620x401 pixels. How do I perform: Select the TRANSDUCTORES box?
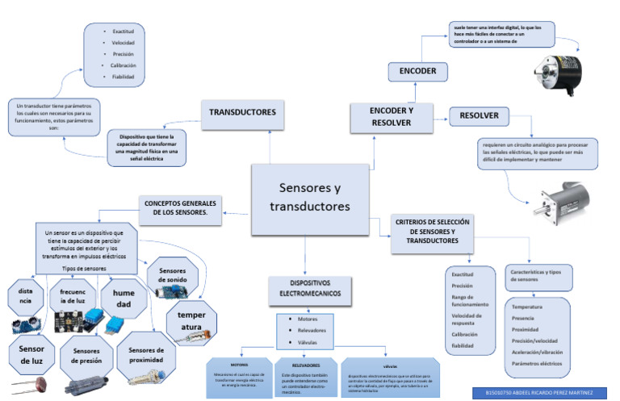click(242, 112)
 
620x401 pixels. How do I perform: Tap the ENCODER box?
click(417, 72)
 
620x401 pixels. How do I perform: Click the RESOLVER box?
click(479, 116)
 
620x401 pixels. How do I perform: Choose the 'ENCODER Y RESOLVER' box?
click(391, 116)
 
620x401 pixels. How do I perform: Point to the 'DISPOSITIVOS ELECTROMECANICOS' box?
click(304, 290)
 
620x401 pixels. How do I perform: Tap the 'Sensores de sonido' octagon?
click(173, 275)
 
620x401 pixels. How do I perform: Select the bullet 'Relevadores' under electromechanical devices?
click(307, 331)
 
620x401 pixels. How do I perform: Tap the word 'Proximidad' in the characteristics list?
click(526, 329)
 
